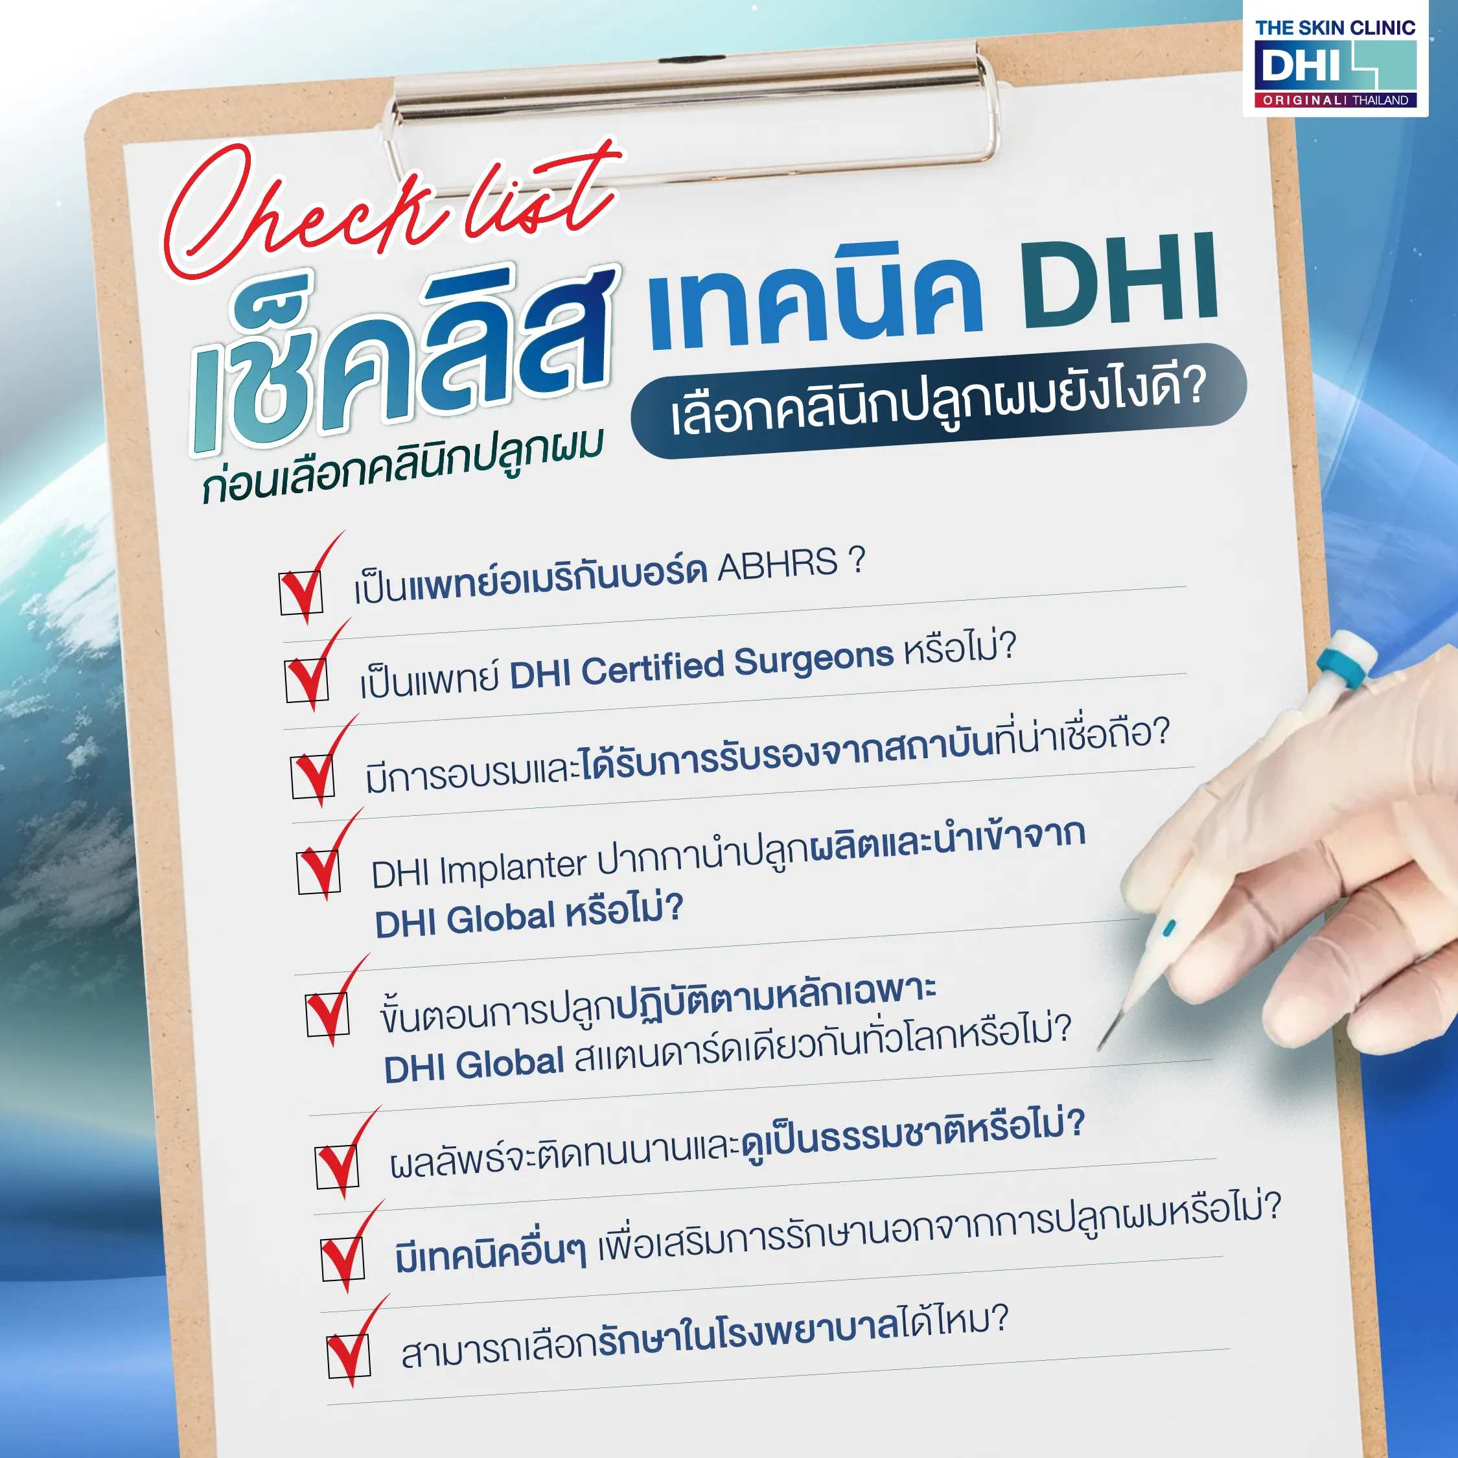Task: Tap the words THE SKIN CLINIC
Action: [1334, 29]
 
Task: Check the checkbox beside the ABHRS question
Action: [301, 592]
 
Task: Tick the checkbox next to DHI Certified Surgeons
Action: [307, 680]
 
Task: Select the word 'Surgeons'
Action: [813, 658]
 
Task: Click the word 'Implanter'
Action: [513, 867]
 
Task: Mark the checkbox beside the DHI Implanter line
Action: [318, 872]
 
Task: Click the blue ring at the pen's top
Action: [1342, 668]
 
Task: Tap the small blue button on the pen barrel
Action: [1169, 927]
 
